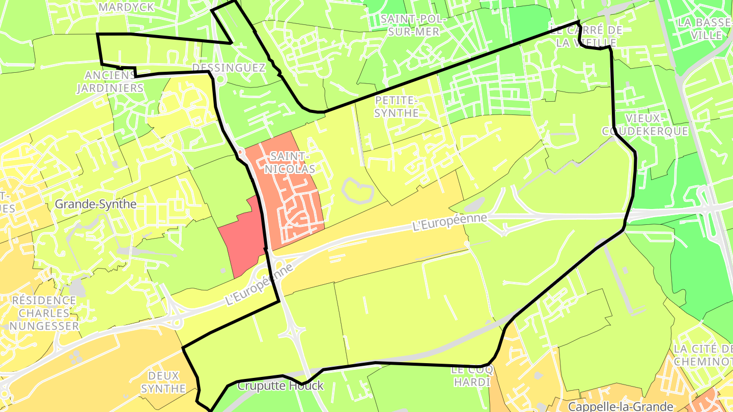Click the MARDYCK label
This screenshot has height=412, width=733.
click(x=119, y=7)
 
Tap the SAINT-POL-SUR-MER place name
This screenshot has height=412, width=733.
click(x=413, y=25)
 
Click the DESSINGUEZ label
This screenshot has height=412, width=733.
click(x=229, y=68)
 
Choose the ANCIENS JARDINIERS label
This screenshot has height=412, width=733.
click(x=110, y=81)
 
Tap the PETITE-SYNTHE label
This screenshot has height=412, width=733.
click(x=396, y=106)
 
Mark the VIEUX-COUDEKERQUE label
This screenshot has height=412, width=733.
click(x=645, y=125)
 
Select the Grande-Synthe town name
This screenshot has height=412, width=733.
click(x=96, y=204)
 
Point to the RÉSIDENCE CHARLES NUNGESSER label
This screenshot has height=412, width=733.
click(x=44, y=313)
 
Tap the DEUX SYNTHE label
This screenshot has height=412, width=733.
click(x=163, y=382)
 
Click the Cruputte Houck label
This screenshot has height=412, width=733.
click(x=280, y=386)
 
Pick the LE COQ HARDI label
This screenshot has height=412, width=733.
click(x=471, y=376)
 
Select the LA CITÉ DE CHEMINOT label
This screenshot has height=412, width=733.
click(x=702, y=355)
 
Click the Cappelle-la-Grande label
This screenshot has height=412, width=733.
click(x=621, y=406)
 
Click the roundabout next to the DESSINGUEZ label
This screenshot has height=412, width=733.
click(x=220, y=79)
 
